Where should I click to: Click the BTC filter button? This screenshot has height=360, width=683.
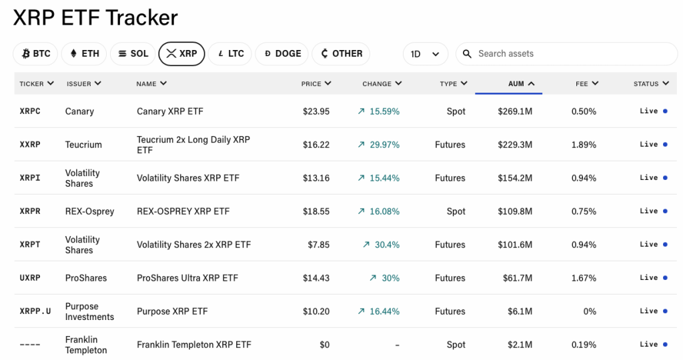(x=36, y=54)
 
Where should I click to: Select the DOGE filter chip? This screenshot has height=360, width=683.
(x=282, y=54)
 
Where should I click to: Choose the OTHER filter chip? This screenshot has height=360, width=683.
(x=341, y=54)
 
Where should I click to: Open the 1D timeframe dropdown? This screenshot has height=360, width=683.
(x=425, y=54)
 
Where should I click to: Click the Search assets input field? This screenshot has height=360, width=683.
(x=567, y=54)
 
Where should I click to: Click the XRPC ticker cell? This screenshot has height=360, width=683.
(x=30, y=111)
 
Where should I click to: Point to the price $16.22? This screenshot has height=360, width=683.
(x=315, y=145)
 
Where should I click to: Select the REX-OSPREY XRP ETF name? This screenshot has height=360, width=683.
(x=183, y=211)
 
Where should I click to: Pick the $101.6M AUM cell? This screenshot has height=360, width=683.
(x=515, y=245)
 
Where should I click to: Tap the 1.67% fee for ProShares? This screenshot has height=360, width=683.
(x=584, y=278)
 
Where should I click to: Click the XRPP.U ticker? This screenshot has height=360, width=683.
(x=35, y=311)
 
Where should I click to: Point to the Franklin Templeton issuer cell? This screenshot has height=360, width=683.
(x=86, y=345)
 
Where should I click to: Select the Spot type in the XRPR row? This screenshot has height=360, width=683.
(x=456, y=211)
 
